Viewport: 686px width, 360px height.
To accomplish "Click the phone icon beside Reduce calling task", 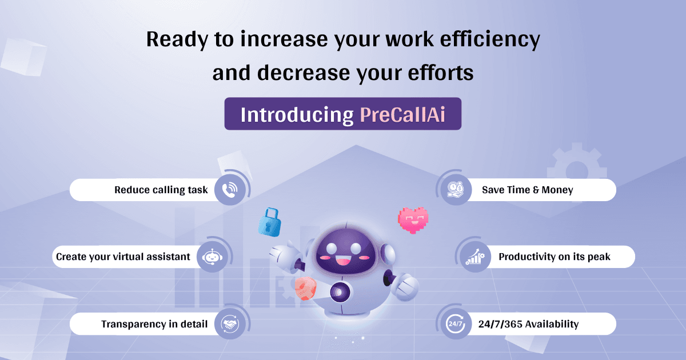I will coord(230,190).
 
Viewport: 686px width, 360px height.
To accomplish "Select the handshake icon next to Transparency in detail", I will coord(230,324).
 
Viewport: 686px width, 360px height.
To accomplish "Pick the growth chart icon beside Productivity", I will coord(474,257).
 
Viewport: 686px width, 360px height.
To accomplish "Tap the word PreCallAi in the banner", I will coord(402,114).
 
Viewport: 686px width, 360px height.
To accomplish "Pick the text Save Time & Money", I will coord(527,190).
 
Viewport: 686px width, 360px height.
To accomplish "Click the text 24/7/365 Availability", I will coord(528,324).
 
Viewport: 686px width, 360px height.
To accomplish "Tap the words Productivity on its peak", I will coord(554,257).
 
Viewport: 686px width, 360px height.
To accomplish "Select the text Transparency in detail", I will coord(154,324).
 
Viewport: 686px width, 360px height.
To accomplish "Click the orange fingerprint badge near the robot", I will coord(306,289).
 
